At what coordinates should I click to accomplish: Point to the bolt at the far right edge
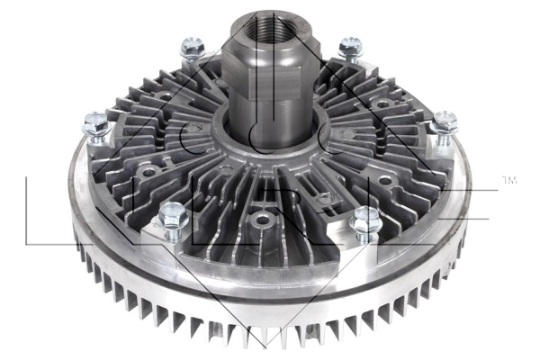443,126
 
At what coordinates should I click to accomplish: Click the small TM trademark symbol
508,182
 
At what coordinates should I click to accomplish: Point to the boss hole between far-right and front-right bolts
386,181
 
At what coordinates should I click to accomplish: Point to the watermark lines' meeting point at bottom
266,346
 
